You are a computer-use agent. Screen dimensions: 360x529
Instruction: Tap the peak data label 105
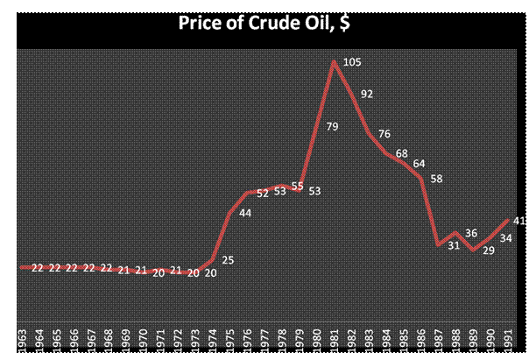tap(353, 62)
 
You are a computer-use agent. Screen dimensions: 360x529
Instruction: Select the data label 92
tap(367, 94)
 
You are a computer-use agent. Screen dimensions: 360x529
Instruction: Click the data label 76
tap(385, 134)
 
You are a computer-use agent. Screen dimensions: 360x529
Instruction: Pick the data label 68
tap(402, 154)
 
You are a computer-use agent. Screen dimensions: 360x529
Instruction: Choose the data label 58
tap(437, 179)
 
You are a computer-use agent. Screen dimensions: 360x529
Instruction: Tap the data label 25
tap(229, 260)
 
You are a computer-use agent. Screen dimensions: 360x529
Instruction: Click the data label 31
tap(454, 245)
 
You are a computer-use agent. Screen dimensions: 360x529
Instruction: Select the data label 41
tap(519, 221)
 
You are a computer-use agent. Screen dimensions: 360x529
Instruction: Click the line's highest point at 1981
tap(335, 60)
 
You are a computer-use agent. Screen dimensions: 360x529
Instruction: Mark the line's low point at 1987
tap(439, 244)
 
